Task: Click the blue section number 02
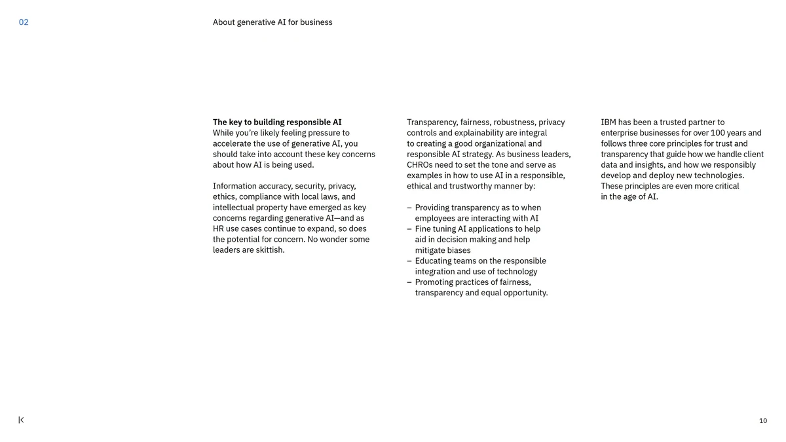(x=24, y=22)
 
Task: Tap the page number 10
(x=763, y=421)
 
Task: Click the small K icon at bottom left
(x=21, y=420)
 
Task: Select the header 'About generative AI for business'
(x=272, y=22)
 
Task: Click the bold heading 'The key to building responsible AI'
(x=277, y=122)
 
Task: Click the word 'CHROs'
(x=419, y=165)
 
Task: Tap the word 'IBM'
(x=608, y=122)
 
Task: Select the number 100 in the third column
(x=718, y=133)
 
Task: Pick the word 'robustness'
(x=514, y=122)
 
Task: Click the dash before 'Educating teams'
(x=409, y=261)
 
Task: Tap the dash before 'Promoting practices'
(x=409, y=282)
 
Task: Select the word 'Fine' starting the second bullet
(x=423, y=229)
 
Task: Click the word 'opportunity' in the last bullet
(x=525, y=293)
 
